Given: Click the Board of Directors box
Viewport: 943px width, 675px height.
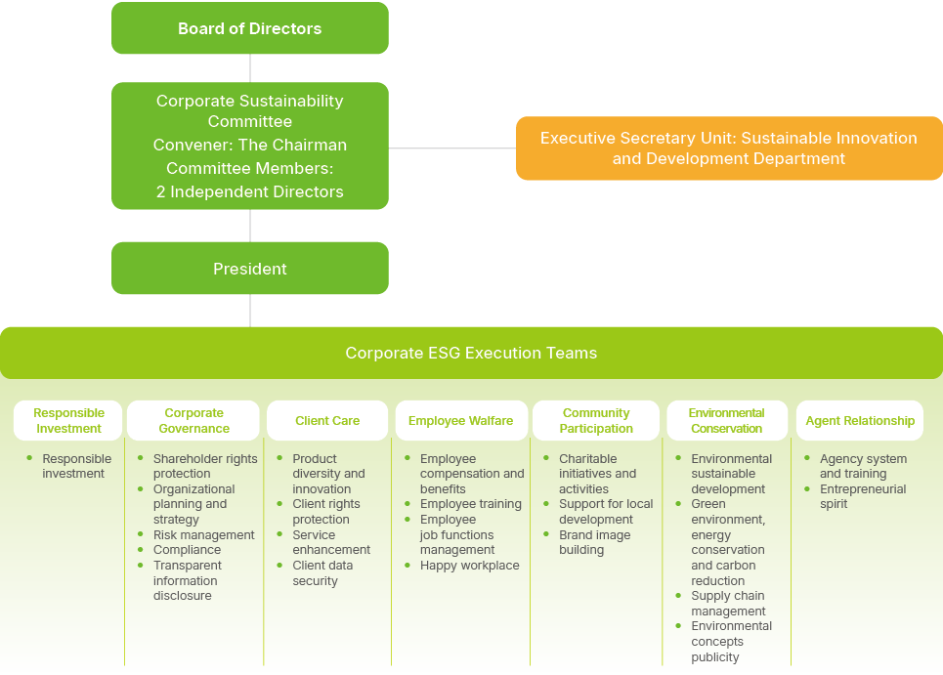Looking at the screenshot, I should click(250, 28).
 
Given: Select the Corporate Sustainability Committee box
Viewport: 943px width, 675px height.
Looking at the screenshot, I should click(250, 146).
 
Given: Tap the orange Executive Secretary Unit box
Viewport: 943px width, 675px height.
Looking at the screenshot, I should click(728, 148).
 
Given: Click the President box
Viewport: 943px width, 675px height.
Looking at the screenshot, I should click(250, 269).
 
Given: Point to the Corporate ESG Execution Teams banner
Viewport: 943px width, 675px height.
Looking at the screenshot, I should click(471, 353).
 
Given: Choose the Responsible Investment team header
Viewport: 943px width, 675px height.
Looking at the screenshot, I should click(68, 421).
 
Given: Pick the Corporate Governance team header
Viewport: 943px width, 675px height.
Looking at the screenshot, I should click(193, 421).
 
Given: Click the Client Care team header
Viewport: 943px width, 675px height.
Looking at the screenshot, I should click(327, 421).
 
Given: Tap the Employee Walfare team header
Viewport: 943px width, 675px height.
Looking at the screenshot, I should click(460, 421).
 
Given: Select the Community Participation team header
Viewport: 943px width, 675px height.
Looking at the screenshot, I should click(596, 421).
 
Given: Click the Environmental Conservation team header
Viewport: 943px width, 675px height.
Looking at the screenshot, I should click(726, 421).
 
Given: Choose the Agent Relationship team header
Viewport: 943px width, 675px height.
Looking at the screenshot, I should click(860, 421).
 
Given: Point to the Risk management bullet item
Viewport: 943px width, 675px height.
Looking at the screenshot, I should click(203, 535).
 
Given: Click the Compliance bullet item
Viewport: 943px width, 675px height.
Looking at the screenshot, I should click(187, 550).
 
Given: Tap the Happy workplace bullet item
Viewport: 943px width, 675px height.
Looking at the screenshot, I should click(469, 566).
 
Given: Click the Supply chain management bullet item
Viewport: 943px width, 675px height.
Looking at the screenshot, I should click(727, 604).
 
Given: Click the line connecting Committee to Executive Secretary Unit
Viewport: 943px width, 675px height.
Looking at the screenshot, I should click(451, 148).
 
